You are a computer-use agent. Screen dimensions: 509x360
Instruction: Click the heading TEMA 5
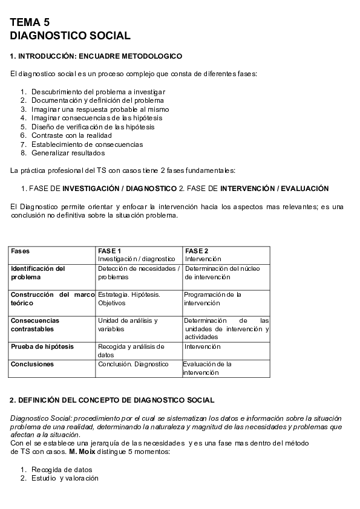point(30,22)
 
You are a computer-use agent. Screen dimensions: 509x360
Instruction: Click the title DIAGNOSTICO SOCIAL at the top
point(70,36)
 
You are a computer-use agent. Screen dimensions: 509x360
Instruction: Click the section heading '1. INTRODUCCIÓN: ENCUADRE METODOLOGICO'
point(96,56)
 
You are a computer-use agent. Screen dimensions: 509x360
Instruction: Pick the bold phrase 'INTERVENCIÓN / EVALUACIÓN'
point(275,189)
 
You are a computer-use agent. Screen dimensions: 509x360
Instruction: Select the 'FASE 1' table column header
point(110,251)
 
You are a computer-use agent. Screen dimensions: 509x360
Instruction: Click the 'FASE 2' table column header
point(197,251)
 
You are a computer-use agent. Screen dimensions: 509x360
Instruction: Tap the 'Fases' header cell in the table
point(21,251)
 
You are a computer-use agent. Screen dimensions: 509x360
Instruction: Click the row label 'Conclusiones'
point(33,365)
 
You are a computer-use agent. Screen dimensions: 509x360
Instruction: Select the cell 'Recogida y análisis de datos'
point(131,351)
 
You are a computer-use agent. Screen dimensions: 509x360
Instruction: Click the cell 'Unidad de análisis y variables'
point(128,325)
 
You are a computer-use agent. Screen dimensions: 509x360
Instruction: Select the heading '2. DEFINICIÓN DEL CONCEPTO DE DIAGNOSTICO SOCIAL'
point(113,400)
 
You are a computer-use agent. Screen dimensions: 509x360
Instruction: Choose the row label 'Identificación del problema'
point(38,273)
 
